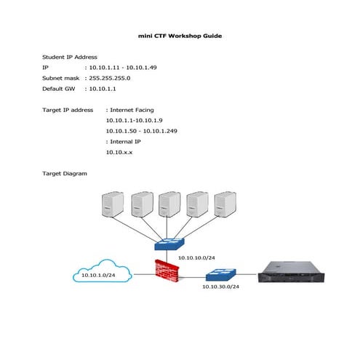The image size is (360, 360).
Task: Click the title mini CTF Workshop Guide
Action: (180, 35)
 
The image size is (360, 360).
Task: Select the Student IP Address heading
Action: (70, 56)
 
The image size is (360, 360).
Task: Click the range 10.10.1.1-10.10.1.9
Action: (137, 120)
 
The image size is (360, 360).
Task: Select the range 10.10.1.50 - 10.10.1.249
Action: (142, 131)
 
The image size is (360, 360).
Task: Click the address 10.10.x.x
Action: (120, 153)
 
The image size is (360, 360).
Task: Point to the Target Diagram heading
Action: (65, 174)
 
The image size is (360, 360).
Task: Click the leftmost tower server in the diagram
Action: (113, 205)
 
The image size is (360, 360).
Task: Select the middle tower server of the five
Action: (169, 205)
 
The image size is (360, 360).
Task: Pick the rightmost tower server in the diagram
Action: (225, 205)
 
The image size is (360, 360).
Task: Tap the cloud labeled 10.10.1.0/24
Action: (102, 275)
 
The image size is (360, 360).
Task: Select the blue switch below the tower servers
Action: (174, 243)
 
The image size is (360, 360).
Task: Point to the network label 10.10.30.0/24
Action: (220, 287)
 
